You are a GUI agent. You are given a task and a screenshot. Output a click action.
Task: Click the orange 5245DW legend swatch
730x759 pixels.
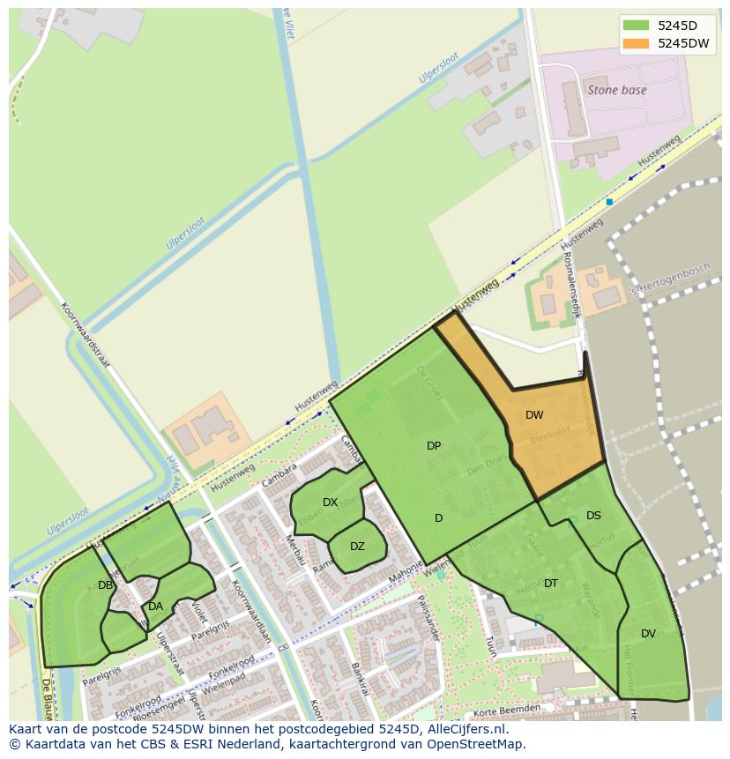tap(635, 43)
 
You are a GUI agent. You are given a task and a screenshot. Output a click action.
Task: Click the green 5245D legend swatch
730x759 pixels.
tap(635, 25)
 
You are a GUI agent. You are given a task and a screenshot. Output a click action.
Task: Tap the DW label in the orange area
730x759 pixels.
tap(534, 415)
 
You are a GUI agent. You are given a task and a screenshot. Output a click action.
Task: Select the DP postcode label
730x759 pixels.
tap(434, 446)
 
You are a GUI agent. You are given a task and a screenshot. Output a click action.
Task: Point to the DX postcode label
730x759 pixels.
tap(330, 502)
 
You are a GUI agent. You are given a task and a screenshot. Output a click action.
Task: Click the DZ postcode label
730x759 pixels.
tap(357, 547)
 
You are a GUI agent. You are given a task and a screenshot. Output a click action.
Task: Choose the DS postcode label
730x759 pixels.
tap(593, 516)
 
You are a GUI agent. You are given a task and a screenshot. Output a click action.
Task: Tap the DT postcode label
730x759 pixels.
tap(551, 584)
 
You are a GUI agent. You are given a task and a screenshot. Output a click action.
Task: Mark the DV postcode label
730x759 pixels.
tap(648, 634)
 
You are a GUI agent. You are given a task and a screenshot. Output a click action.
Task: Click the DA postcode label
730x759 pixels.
tap(156, 606)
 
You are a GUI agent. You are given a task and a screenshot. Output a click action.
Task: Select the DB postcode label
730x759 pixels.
tap(105, 585)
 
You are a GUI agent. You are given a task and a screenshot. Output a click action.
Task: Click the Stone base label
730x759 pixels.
tap(617, 90)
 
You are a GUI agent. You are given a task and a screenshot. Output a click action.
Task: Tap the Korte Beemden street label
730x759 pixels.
tap(506, 710)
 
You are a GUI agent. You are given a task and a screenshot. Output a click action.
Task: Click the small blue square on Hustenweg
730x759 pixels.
tap(609, 202)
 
